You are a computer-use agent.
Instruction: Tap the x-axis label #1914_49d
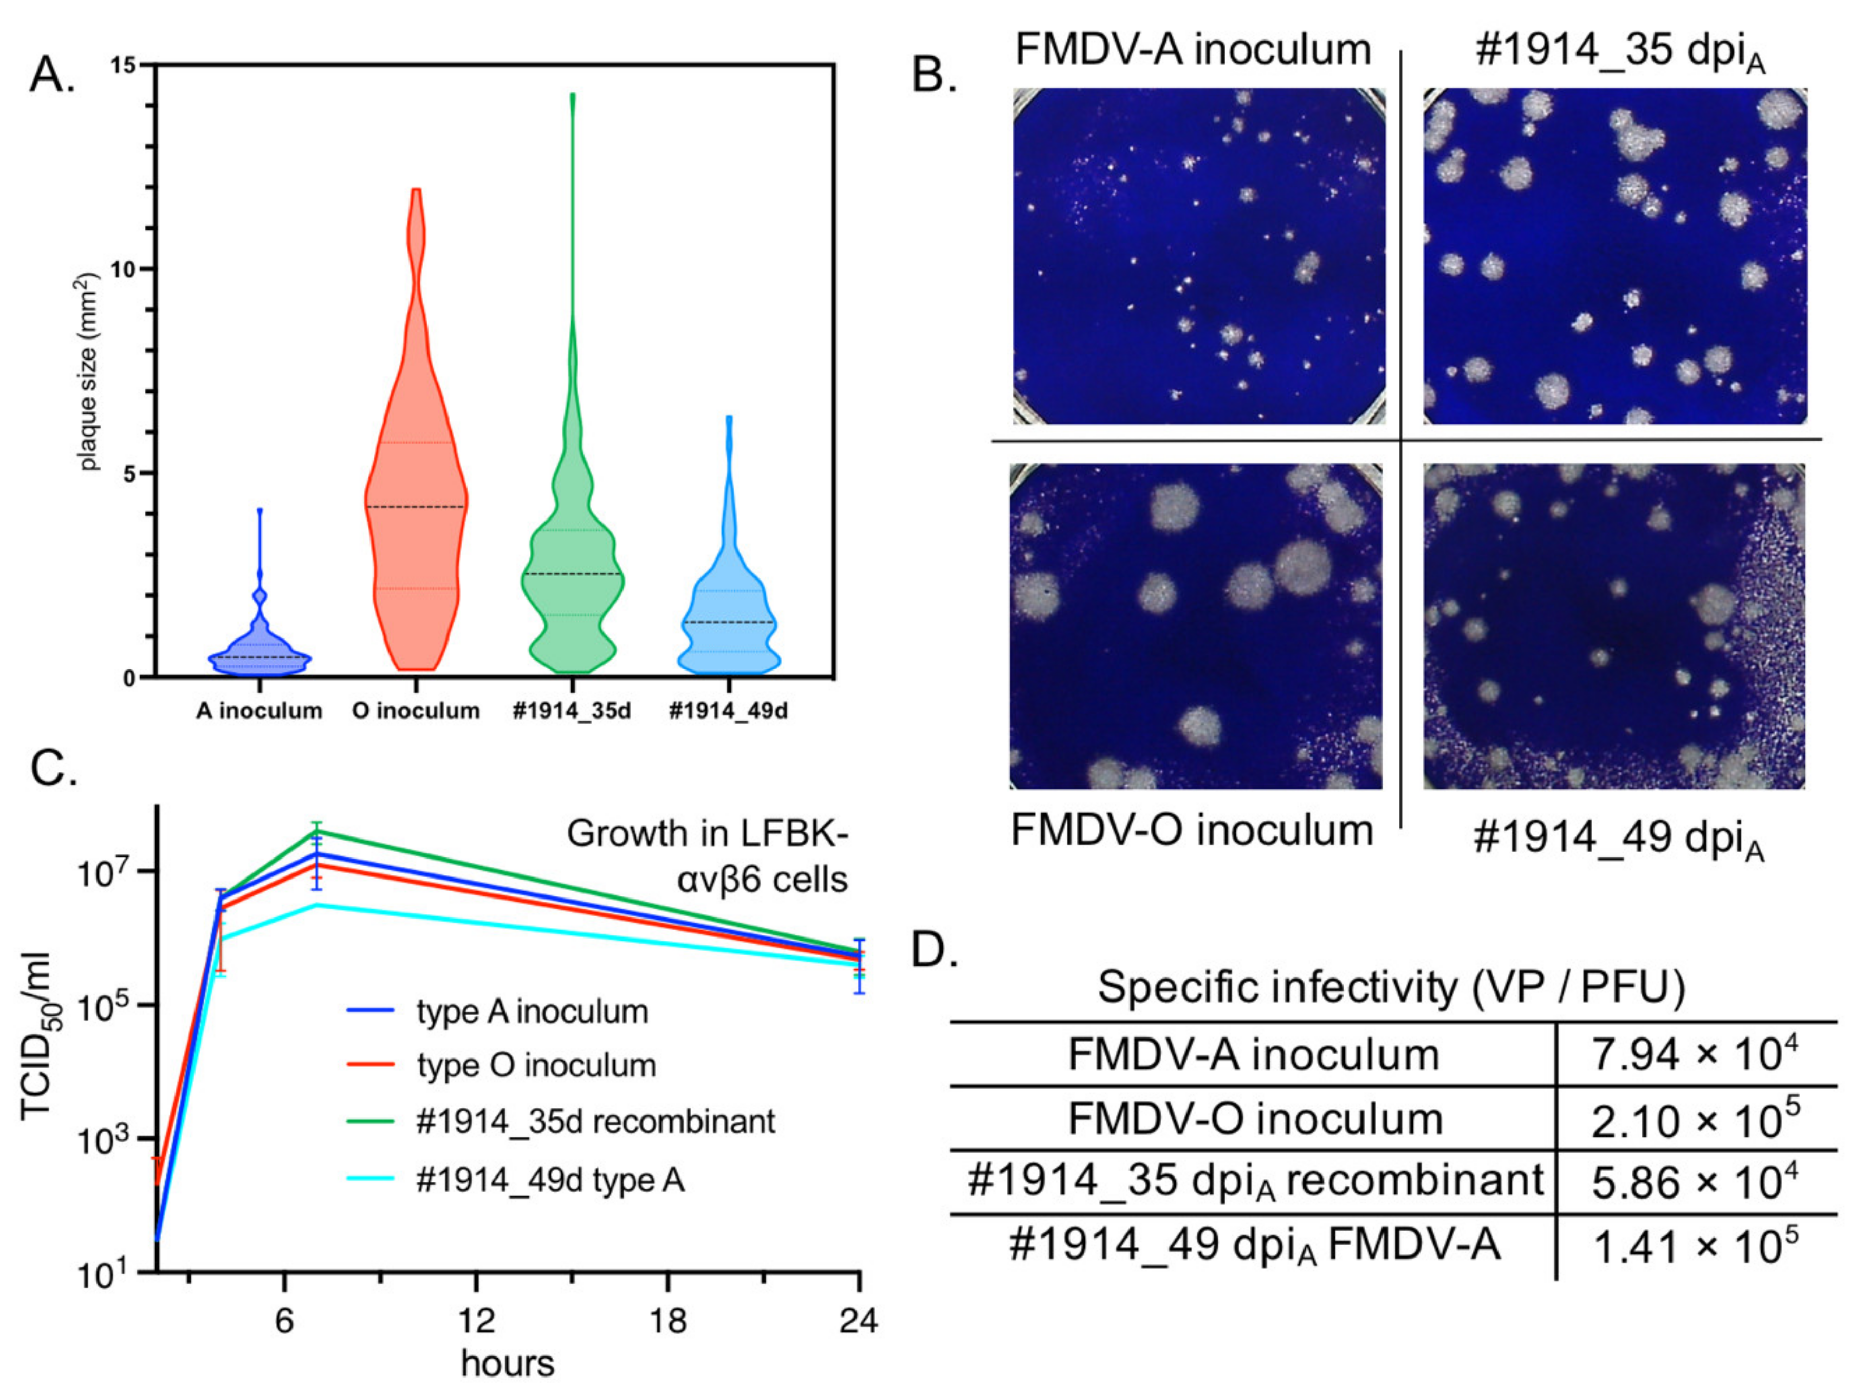coord(728,711)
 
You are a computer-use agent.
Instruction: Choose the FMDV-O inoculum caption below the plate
coord(1192,830)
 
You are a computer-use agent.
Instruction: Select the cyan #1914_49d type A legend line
coord(371,1179)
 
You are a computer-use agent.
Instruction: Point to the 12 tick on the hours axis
coord(476,1320)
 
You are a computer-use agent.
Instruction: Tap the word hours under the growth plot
coord(508,1363)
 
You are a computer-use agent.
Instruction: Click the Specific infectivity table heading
coord(1390,987)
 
